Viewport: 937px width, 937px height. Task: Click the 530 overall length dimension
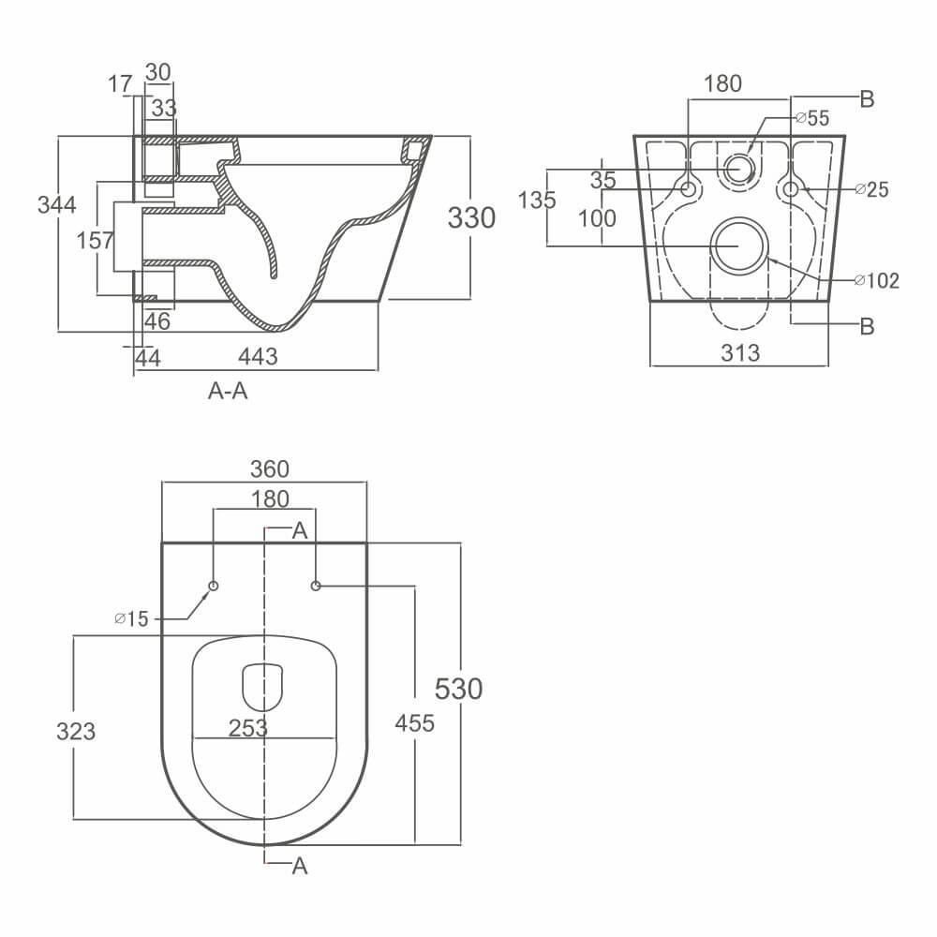pos(459,689)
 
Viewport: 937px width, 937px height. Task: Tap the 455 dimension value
pos(414,723)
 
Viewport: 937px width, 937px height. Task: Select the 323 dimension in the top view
pos(75,730)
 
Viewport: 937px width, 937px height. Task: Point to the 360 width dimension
pos(264,468)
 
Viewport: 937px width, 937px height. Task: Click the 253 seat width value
pos(248,727)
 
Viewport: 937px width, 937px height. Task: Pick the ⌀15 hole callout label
pos(131,618)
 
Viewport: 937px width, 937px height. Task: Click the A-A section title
pos(228,392)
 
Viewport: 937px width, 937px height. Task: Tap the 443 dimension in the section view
pos(258,356)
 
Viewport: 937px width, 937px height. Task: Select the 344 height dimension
pos(57,204)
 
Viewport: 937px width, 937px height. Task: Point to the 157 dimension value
pos(95,240)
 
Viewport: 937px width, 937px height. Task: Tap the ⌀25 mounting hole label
pos(871,190)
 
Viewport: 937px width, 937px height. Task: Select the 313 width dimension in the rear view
pos(739,352)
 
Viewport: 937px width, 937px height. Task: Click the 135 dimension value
pos(537,200)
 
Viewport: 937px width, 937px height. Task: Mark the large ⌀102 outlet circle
pos(738,244)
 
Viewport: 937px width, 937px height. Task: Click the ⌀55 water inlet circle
pos(739,169)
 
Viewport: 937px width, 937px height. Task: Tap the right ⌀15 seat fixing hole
pos(316,586)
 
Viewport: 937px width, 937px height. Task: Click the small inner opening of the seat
pos(262,687)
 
